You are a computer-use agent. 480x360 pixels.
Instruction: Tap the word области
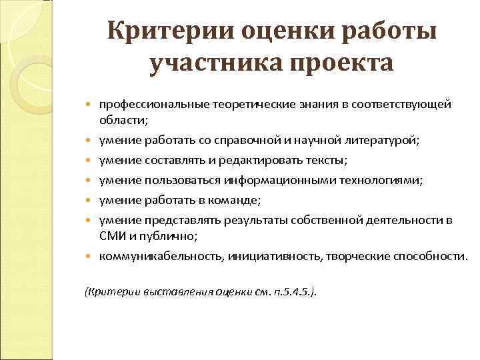pyautogui.click(x=123, y=119)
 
